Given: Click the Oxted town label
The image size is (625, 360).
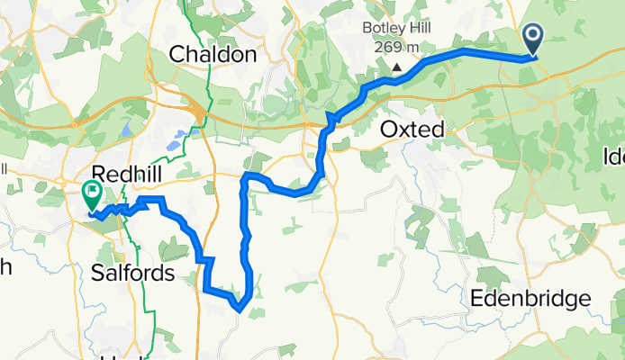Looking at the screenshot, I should point(412,130).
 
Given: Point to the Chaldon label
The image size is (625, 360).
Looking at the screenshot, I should point(213,55).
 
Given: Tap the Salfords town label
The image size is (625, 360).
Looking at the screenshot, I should point(133,274).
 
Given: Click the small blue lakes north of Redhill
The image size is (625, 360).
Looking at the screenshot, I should point(178,138).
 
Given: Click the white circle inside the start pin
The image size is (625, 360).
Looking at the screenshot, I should point(532,37).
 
